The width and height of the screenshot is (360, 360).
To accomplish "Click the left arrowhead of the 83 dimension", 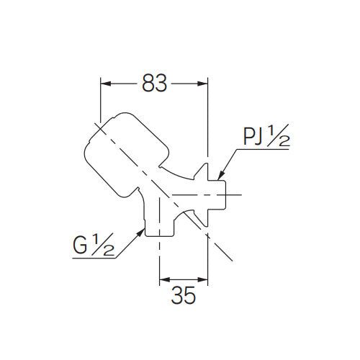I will (103, 84).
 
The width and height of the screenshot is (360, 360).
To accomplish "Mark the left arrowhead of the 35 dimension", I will (162, 279).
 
